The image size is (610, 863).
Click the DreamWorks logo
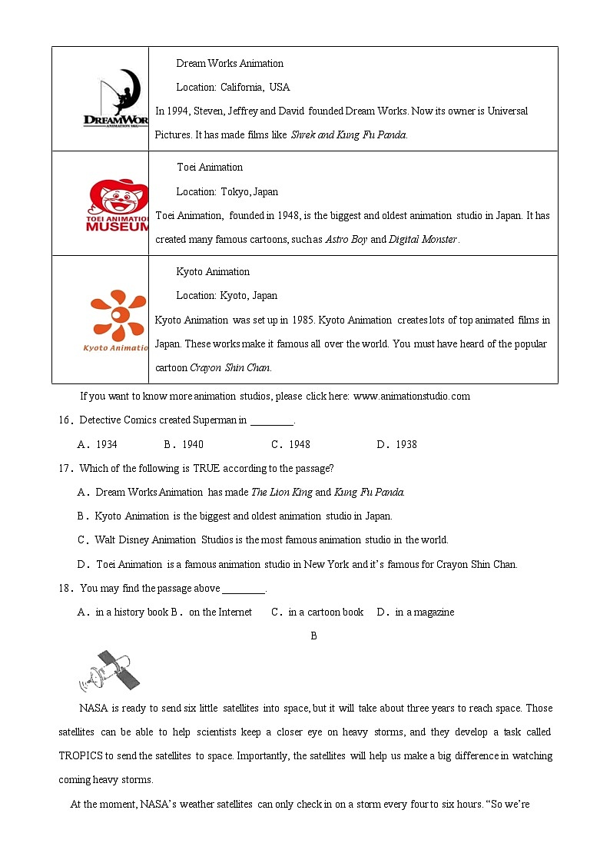click(x=116, y=99)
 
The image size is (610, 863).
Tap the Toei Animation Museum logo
click(x=118, y=205)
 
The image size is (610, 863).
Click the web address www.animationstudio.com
click(x=411, y=397)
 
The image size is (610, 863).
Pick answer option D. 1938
click(x=397, y=444)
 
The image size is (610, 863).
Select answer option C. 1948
click(x=290, y=444)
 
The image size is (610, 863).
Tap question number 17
click(x=65, y=469)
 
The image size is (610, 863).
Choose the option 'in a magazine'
click(x=416, y=612)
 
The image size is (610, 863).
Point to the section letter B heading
click(x=313, y=636)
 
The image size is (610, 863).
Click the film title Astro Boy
click(x=346, y=240)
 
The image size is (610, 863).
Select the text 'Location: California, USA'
click(x=233, y=88)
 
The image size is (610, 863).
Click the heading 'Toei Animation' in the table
click(x=209, y=168)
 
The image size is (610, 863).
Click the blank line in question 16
click(x=272, y=421)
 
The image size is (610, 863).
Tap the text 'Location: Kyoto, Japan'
click(x=227, y=296)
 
